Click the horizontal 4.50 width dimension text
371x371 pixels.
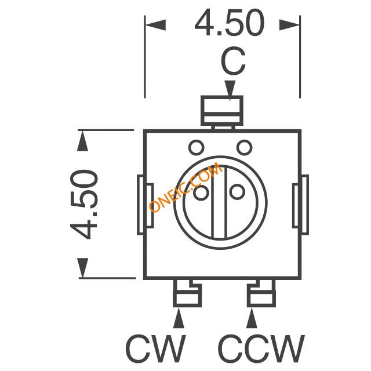(x=230, y=23)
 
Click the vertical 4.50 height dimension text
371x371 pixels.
(x=83, y=204)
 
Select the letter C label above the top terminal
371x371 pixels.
(x=233, y=61)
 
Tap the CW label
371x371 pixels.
(x=156, y=348)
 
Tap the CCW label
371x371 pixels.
(x=261, y=348)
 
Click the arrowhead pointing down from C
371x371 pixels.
(x=230, y=90)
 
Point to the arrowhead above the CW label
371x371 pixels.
(x=179, y=318)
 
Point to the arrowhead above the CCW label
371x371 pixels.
(x=252, y=318)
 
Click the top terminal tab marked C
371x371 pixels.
(x=222, y=111)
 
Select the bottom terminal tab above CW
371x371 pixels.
(x=187, y=293)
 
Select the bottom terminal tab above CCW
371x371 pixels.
(x=261, y=293)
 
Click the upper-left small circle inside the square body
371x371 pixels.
(x=196, y=147)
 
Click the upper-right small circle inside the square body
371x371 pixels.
(x=245, y=147)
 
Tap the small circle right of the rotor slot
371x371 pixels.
(x=237, y=191)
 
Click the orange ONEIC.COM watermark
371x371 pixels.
(x=185, y=187)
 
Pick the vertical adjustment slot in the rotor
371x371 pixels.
(x=219, y=202)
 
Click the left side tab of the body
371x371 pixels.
(x=145, y=205)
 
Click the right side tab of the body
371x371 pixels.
(x=300, y=205)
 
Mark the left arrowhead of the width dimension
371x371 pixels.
(x=155, y=25)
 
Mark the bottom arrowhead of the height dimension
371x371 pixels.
(x=82, y=268)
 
